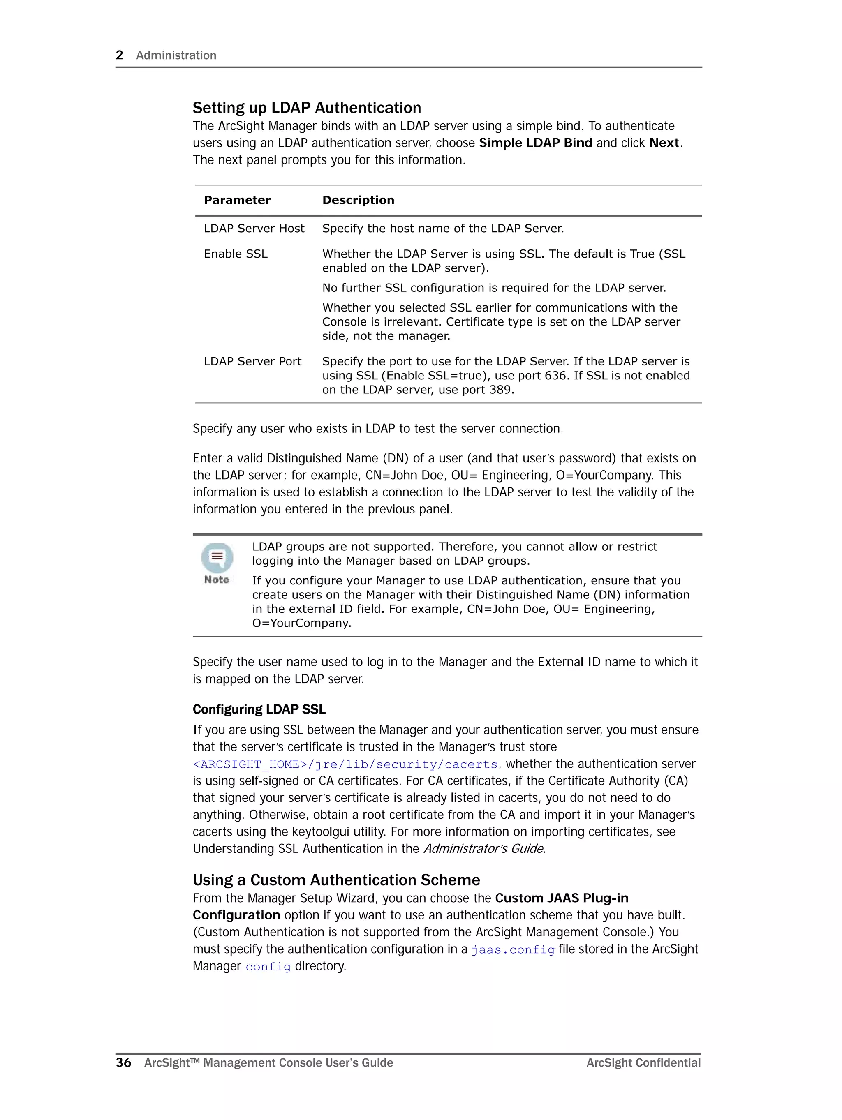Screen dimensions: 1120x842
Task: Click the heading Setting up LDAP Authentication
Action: (x=307, y=108)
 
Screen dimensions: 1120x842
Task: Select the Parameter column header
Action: (x=237, y=200)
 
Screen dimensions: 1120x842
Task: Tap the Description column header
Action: (x=358, y=200)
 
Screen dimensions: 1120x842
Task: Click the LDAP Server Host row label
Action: (x=254, y=229)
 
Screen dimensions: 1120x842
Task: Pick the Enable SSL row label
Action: (x=236, y=254)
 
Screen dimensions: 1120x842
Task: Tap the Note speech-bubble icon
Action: (x=217, y=557)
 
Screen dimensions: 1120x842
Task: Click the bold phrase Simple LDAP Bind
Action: (x=535, y=143)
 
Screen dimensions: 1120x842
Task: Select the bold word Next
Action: (x=664, y=143)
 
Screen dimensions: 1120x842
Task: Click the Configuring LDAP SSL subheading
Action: (x=259, y=709)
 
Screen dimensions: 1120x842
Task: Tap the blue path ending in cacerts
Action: (x=345, y=764)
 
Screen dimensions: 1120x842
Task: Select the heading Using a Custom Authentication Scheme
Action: (x=336, y=880)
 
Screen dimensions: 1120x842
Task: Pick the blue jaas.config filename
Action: (x=513, y=950)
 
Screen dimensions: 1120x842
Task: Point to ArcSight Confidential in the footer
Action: (x=643, y=1062)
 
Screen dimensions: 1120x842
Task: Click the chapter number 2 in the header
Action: (x=120, y=55)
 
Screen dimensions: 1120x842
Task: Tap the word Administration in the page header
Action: (x=176, y=55)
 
